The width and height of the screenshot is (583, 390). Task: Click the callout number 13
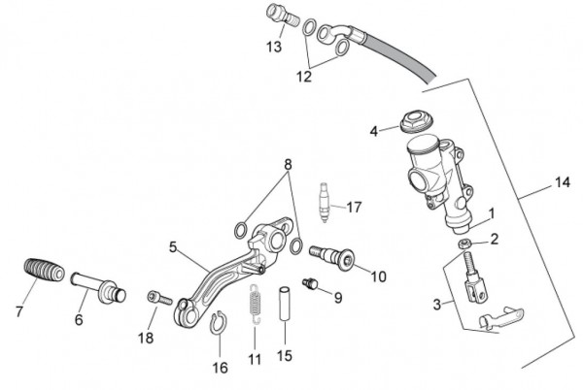click(x=274, y=48)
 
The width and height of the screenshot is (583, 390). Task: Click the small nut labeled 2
click(x=464, y=244)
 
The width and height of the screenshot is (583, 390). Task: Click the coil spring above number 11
click(x=255, y=303)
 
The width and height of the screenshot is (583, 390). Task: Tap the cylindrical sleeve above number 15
click(x=285, y=303)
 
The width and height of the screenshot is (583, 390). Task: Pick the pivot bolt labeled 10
click(x=330, y=256)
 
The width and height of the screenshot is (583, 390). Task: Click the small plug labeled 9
click(x=309, y=283)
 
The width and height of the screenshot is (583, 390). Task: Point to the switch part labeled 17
click(x=325, y=202)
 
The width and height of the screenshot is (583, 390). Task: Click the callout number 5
click(x=173, y=247)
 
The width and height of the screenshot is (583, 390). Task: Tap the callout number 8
click(x=288, y=164)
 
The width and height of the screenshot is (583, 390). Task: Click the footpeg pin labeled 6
click(x=98, y=287)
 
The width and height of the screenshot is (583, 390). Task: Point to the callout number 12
click(x=303, y=77)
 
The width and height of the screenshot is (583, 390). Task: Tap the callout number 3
click(x=437, y=305)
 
